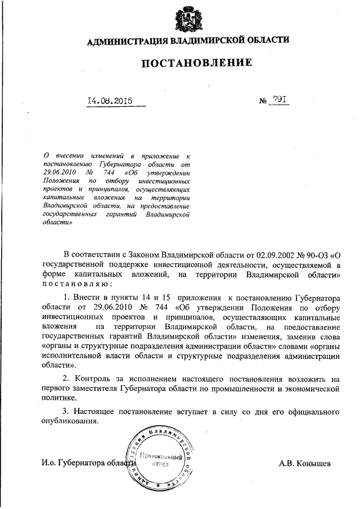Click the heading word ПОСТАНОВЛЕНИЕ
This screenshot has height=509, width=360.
pos(195,63)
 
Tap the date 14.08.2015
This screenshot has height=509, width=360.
pos(110,101)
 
